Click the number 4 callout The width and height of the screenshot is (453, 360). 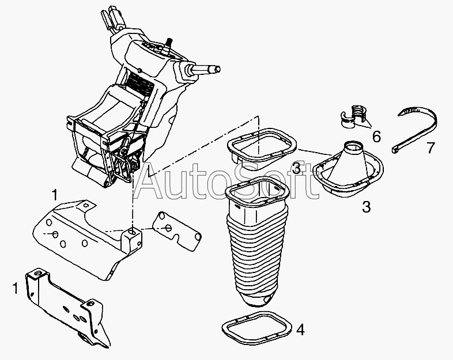(300, 329)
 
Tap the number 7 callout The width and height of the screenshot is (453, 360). (431, 148)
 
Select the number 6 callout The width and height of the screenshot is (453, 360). (376, 137)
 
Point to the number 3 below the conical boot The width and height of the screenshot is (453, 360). (366, 207)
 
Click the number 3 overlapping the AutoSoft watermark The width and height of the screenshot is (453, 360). (297, 168)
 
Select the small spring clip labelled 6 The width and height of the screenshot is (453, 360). (353, 116)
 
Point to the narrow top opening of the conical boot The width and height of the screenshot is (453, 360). (354, 146)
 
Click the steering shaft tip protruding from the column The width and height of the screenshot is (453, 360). (217, 69)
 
